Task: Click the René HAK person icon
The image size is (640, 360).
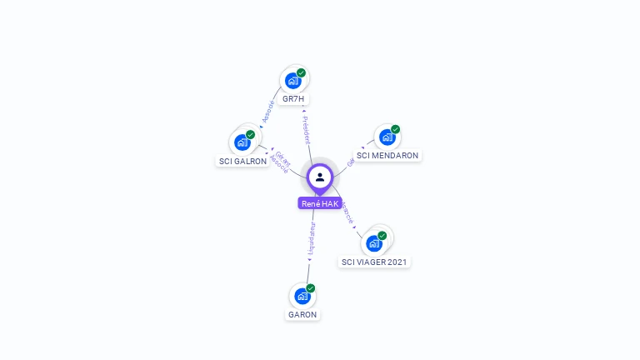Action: pyautogui.click(x=320, y=177)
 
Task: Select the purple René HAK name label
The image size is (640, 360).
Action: pyautogui.click(x=320, y=203)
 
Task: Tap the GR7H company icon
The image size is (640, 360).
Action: pyautogui.click(x=292, y=80)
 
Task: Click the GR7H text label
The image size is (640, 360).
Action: pyautogui.click(x=294, y=99)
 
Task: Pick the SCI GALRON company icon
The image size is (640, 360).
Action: pyautogui.click(x=242, y=142)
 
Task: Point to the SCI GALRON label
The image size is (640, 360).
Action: pyautogui.click(x=243, y=162)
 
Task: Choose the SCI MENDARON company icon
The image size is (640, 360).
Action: pyautogui.click(x=387, y=137)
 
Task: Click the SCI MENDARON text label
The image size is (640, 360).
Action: pyautogui.click(x=387, y=156)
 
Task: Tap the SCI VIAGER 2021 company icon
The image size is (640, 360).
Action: pyautogui.click(x=374, y=242)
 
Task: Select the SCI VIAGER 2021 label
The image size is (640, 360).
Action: pyautogui.click(x=375, y=262)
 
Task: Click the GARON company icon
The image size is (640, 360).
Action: pyautogui.click(x=302, y=295)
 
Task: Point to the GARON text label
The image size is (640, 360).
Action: pyautogui.click(x=302, y=315)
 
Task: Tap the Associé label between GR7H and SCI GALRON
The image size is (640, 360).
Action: pyautogui.click(x=267, y=112)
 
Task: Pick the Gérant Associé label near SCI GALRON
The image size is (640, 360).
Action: pyautogui.click(x=281, y=160)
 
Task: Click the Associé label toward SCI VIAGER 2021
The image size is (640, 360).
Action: pyautogui.click(x=347, y=212)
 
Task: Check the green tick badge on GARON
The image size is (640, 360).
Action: pyautogui.click(x=310, y=288)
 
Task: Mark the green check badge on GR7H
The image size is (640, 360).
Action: pyautogui.click(x=301, y=73)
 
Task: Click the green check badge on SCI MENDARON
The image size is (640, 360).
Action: pyautogui.click(x=395, y=129)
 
